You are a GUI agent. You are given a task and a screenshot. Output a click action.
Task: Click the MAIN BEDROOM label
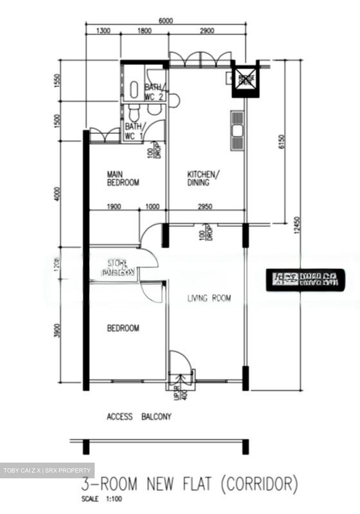(x=123, y=178)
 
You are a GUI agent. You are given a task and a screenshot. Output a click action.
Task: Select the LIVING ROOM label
(x=209, y=298)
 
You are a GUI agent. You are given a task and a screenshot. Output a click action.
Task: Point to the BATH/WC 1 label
(x=134, y=131)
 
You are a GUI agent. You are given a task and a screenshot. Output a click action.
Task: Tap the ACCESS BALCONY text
(x=139, y=417)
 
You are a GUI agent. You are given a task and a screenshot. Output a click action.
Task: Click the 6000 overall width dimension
(x=165, y=21)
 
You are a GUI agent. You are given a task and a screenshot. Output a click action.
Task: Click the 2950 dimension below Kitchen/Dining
(x=205, y=206)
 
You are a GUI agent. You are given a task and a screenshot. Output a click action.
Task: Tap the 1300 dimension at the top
(x=103, y=31)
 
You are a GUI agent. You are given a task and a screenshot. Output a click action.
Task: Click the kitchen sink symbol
(x=237, y=131)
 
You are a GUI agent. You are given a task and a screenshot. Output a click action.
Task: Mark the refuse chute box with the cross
(x=245, y=80)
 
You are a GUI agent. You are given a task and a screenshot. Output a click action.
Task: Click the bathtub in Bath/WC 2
(x=134, y=90)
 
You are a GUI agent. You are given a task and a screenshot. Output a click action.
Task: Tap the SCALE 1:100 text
(x=101, y=499)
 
